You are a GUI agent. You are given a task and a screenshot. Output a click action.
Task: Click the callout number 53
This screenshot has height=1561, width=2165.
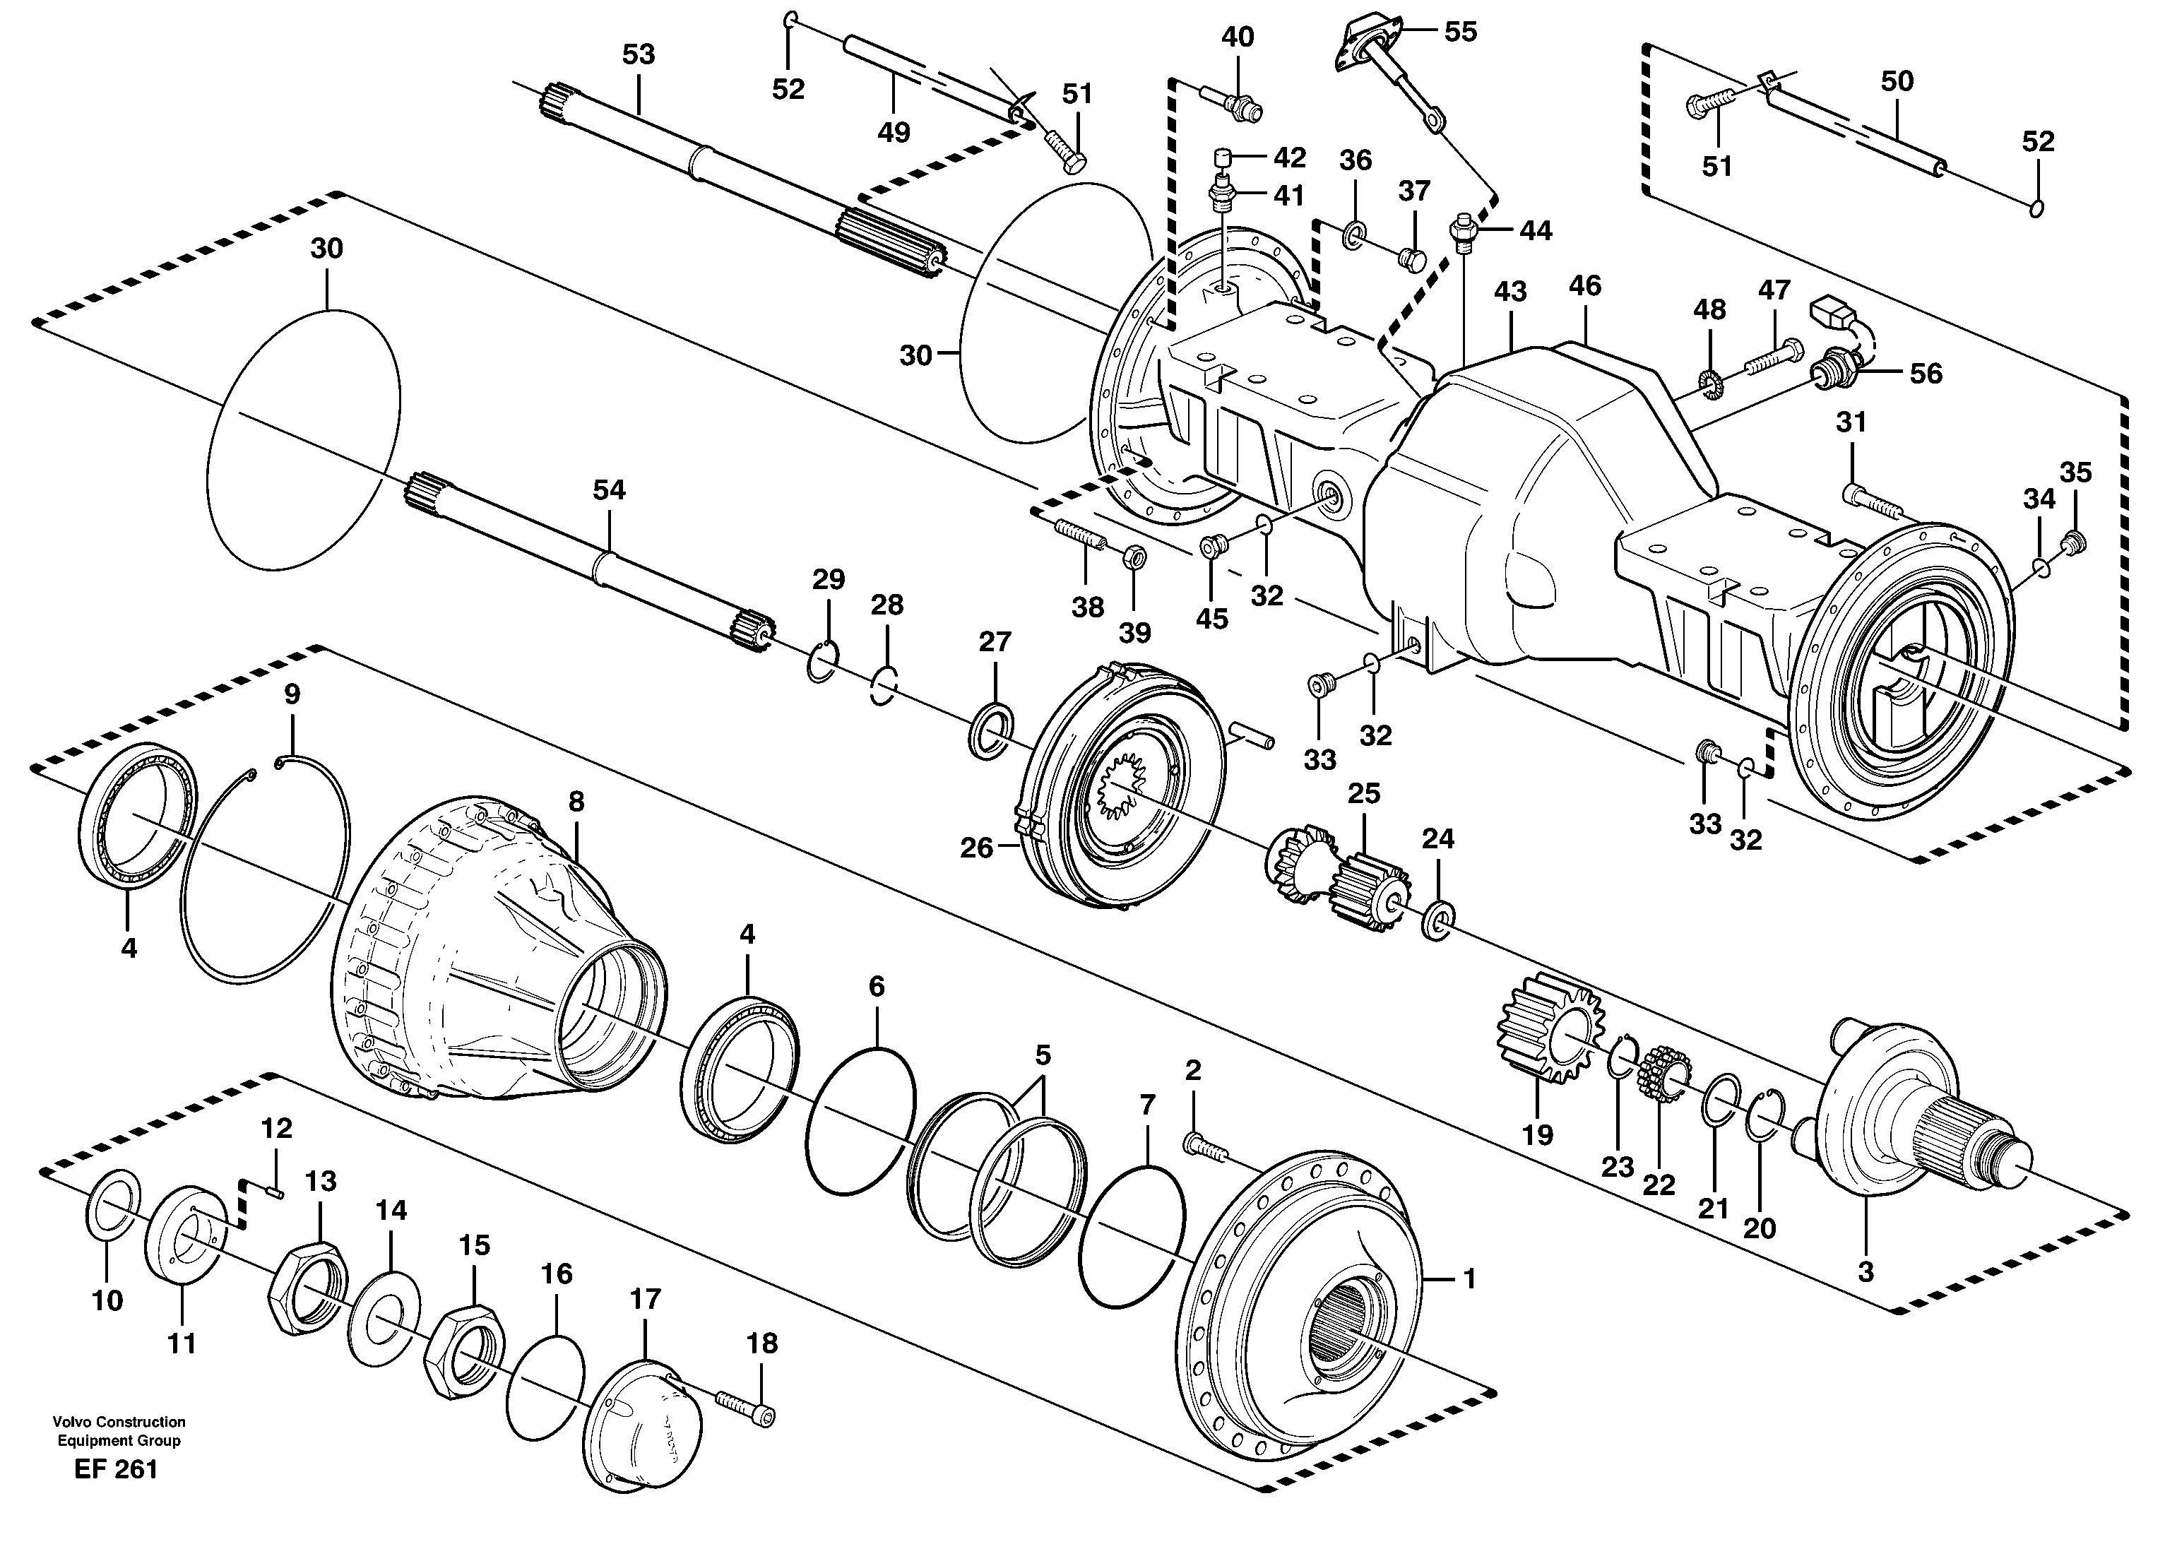click(x=639, y=54)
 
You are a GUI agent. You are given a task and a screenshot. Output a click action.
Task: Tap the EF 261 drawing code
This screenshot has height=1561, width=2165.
click(x=116, y=1469)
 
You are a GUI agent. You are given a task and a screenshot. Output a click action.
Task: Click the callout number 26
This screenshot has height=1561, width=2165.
click(x=975, y=847)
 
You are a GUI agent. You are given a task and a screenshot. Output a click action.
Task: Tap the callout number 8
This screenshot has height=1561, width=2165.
click(x=576, y=801)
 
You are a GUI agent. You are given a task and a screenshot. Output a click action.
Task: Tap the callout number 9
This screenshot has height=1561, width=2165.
click(x=292, y=694)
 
